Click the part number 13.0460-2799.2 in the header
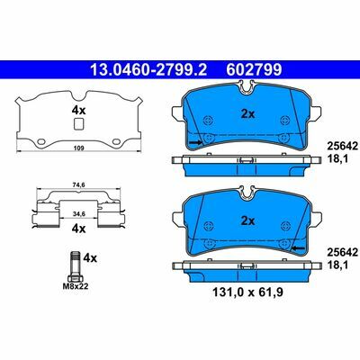(x=148, y=69)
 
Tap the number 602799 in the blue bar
(x=254, y=69)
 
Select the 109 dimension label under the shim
(x=79, y=148)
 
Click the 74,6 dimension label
(x=79, y=185)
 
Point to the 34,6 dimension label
(x=79, y=213)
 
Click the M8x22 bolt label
(x=76, y=286)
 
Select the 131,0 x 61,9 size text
(x=247, y=292)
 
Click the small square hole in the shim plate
(x=78, y=124)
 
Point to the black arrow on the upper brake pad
(x=196, y=142)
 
